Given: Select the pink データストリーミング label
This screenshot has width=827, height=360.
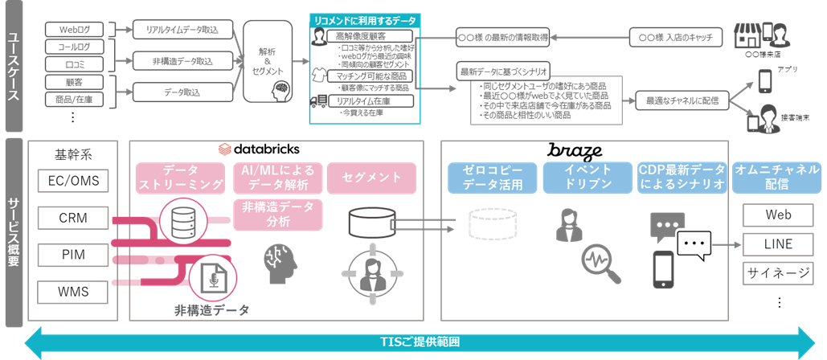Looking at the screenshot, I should (x=181, y=178).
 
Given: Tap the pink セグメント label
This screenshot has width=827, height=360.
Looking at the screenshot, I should (x=371, y=177).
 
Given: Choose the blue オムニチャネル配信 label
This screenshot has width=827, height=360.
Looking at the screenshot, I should (x=776, y=178).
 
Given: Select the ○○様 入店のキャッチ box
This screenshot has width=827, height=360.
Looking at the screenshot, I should (x=675, y=37).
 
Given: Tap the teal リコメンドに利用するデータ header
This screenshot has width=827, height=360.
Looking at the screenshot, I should (x=366, y=18).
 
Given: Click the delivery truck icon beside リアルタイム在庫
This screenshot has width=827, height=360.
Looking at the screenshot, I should (x=318, y=101).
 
